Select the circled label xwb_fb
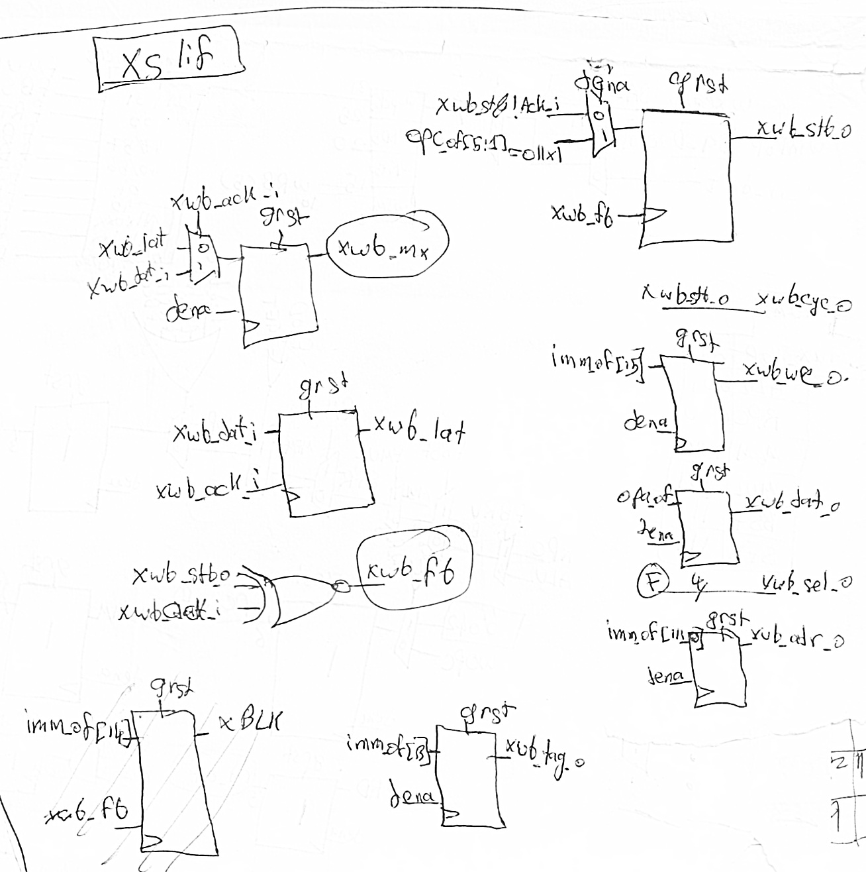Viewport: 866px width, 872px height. (414, 570)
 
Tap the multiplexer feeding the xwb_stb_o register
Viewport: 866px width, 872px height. (601, 125)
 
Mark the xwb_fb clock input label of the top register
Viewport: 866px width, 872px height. (582, 213)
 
